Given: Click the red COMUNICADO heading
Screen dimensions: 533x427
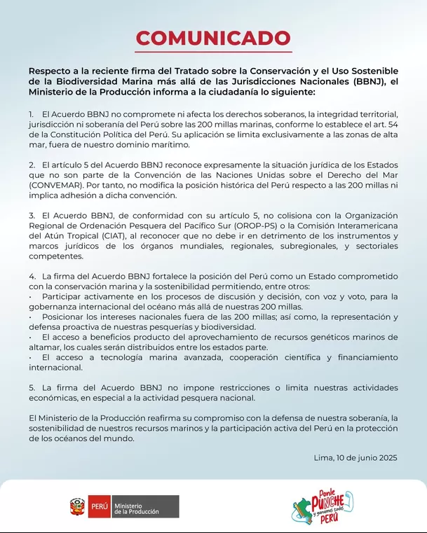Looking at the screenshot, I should (213, 38).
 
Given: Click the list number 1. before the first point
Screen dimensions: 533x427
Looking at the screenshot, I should (32, 113).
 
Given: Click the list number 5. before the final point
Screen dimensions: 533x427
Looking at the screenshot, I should (32, 387).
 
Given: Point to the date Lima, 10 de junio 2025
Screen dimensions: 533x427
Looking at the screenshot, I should (356, 457).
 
